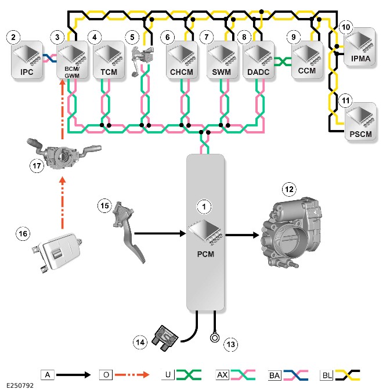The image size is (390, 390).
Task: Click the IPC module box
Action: [27, 60]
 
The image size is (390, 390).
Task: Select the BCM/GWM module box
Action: [72, 60]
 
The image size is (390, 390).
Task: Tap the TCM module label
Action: [109, 72]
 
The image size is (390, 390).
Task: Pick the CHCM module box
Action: [182, 60]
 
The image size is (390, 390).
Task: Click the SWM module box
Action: [222, 60]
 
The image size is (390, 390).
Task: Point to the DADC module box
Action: [258, 60]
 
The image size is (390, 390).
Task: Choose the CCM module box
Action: [307, 60]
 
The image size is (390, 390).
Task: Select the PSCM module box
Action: [360, 121]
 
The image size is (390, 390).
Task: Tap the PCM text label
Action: [205, 254]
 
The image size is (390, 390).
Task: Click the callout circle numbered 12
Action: [289, 190]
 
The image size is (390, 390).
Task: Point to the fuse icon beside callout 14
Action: [166, 338]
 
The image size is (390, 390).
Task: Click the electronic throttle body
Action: [291, 233]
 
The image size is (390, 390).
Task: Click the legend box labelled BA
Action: [275, 375]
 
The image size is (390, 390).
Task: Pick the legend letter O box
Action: [106, 374]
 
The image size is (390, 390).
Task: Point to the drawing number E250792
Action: [20, 385]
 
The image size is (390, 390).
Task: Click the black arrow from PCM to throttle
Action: [242, 235]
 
